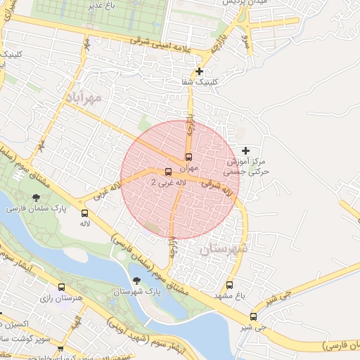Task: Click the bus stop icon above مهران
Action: (188, 157)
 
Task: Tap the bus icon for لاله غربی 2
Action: (167, 172)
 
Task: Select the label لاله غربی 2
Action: (168, 182)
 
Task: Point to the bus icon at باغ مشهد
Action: (229, 285)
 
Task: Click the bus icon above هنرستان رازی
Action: (62, 288)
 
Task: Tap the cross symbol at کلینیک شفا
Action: (200, 71)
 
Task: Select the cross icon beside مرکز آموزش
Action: (245, 150)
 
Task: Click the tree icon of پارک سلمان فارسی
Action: (36, 198)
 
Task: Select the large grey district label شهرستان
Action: (224, 250)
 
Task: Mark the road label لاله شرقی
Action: (217, 188)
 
